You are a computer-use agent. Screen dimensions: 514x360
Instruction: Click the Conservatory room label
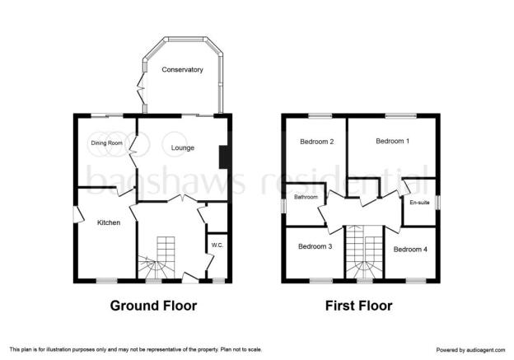point(182,69)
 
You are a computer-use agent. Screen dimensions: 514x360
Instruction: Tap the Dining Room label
point(106,143)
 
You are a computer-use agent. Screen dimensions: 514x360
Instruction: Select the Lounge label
point(183,147)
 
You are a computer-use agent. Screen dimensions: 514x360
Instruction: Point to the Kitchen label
point(109,222)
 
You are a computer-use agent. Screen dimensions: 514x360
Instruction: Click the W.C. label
point(217,245)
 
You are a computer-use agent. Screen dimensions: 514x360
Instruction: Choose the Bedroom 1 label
point(392,141)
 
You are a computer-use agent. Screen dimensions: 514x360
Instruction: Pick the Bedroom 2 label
point(316,142)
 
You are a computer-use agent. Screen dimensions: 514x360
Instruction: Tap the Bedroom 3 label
point(315,246)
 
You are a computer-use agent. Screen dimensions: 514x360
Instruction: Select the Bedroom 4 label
point(410,250)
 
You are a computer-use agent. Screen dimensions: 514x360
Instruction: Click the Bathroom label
point(306,197)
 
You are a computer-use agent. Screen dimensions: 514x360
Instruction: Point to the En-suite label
point(419,203)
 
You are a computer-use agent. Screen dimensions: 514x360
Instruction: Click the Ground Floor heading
point(153,306)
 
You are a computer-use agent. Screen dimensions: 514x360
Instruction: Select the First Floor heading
point(358,306)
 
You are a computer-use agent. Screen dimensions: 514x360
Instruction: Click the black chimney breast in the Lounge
point(223,157)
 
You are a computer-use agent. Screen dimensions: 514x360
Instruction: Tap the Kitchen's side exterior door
point(77,215)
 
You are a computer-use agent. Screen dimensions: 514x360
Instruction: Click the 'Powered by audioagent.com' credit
point(470,350)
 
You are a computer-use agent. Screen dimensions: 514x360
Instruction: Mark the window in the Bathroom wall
point(284,207)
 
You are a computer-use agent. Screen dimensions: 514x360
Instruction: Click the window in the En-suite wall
point(438,202)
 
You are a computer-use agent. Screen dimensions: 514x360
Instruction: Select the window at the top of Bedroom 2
point(320,115)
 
